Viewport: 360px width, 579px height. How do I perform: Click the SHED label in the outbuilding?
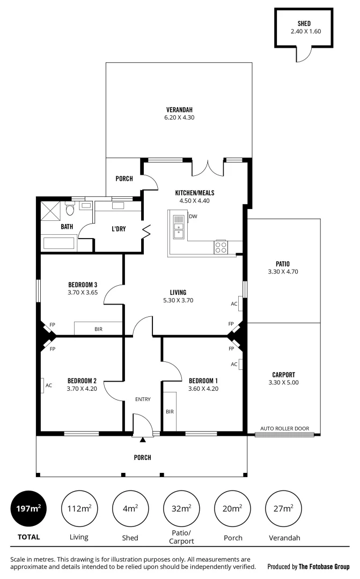304,24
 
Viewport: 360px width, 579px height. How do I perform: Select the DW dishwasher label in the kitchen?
193,217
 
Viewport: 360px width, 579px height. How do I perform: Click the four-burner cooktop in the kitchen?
221,247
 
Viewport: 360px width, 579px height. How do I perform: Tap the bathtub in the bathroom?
60,243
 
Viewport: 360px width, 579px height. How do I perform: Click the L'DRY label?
119,229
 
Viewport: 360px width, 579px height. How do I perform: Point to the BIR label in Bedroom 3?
99,329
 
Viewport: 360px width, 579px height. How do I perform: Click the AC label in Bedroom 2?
48,385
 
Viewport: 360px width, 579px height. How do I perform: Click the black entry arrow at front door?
143,440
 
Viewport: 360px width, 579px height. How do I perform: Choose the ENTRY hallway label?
143,399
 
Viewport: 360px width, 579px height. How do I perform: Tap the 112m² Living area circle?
79,508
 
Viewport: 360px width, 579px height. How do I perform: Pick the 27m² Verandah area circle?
283,508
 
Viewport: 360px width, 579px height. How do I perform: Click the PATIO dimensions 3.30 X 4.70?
283,272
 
